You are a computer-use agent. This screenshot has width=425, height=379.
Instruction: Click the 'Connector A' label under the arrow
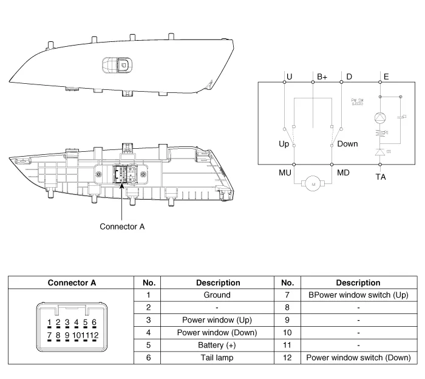(x=122, y=227)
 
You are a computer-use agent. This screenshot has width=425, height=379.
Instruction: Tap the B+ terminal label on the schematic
(x=322, y=77)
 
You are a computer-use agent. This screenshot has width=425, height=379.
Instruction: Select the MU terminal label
(x=285, y=173)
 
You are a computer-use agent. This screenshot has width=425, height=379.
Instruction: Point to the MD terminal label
(x=343, y=173)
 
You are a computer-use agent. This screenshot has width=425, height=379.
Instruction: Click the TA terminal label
(x=381, y=177)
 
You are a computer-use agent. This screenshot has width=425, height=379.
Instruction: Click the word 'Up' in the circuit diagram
(x=284, y=144)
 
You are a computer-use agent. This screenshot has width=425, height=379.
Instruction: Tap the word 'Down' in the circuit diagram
(x=348, y=144)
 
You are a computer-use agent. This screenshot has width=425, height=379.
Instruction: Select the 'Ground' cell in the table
(x=217, y=295)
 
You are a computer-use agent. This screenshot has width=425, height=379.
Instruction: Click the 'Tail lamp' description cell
(x=217, y=358)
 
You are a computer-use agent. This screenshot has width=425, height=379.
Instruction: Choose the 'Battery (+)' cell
(x=217, y=345)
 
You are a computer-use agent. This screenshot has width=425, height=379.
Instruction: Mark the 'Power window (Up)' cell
(x=217, y=320)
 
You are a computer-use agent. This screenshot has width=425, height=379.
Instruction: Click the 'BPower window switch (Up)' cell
(x=358, y=295)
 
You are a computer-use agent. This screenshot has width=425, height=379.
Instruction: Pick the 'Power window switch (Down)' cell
(x=358, y=358)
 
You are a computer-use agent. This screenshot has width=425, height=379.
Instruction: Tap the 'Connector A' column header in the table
(x=72, y=282)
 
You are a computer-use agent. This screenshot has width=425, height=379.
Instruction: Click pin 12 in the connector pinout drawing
(x=92, y=335)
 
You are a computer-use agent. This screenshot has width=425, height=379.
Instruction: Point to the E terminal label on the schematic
(x=387, y=77)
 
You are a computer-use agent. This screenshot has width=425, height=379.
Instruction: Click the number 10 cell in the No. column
(x=288, y=333)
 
